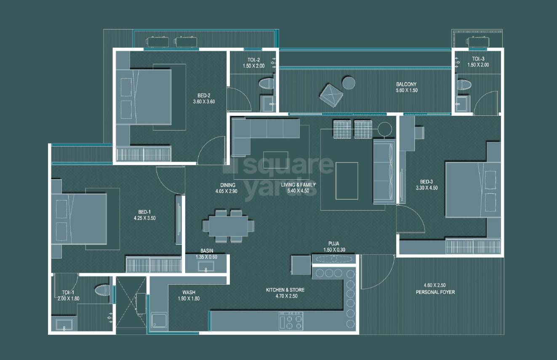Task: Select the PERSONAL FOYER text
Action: [x=435, y=292]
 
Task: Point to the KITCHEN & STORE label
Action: [x=285, y=290]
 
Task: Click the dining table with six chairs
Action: [x=229, y=226]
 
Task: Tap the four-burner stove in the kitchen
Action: [x=291, y=321]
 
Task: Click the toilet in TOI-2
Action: [x=265, y=83]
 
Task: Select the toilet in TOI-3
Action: [x=463, y=84]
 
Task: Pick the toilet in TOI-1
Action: [x=101, y=290]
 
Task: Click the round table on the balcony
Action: [x=349, y=83]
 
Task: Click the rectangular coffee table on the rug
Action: [x=346, y=180]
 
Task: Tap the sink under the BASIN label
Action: [x=206, y=266]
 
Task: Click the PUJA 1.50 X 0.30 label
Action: [x=335, y=246]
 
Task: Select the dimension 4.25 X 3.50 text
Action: [x=144, y=218]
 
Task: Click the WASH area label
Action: [x=189, y=292]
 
